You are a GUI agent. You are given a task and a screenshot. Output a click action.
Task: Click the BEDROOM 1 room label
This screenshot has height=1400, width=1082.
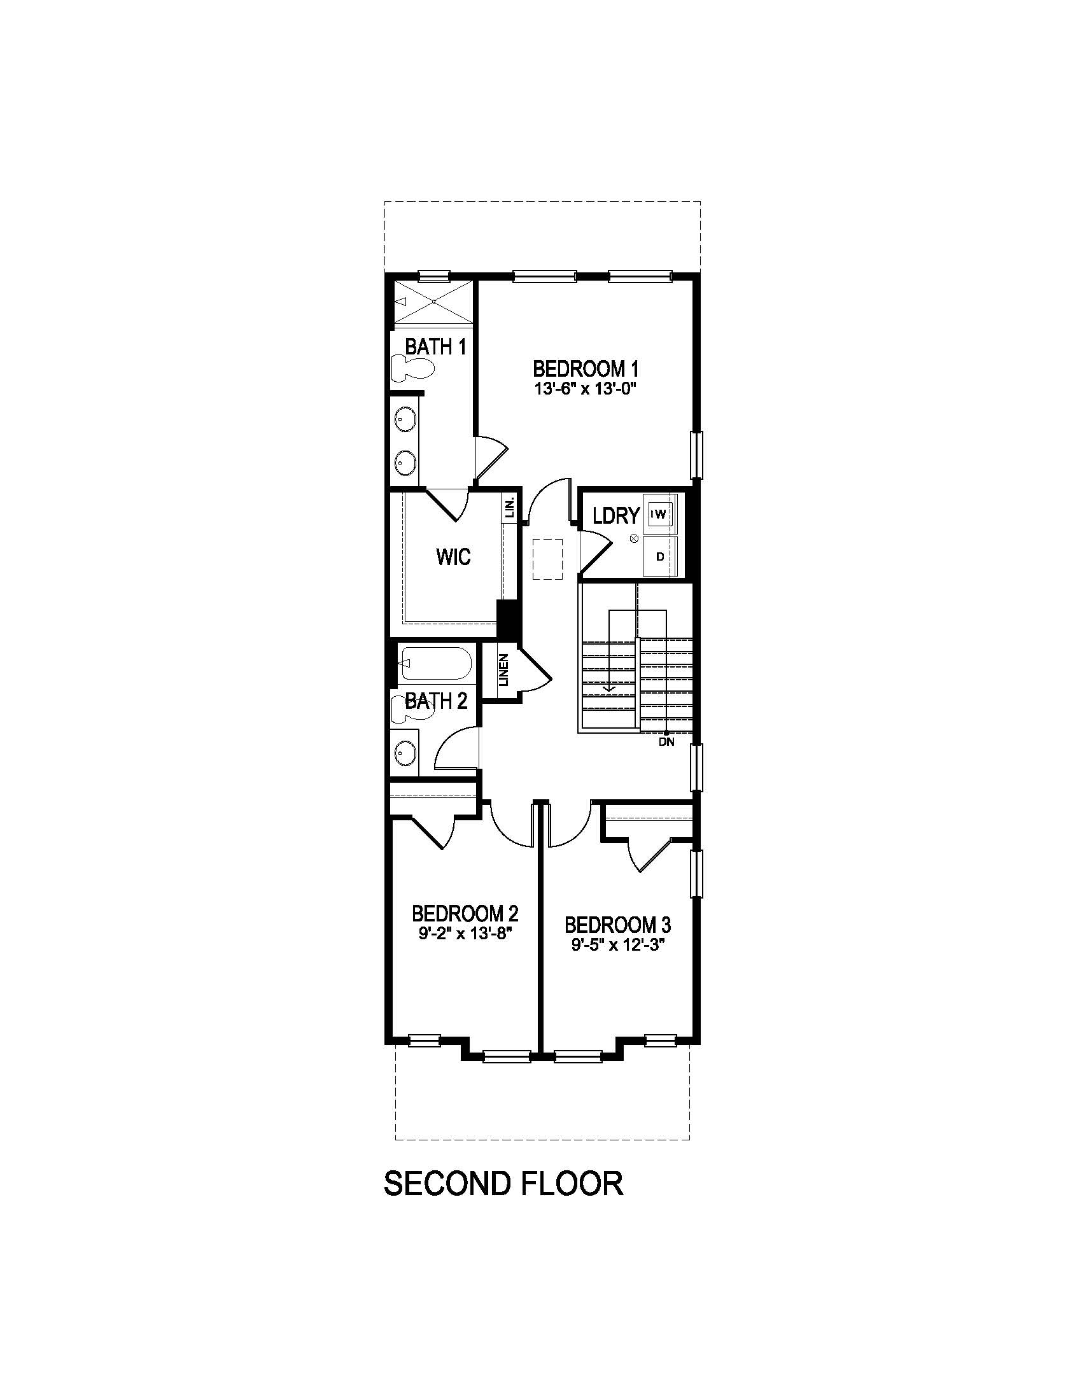(586, 368)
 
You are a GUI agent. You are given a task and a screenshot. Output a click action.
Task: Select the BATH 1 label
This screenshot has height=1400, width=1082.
(435, 347)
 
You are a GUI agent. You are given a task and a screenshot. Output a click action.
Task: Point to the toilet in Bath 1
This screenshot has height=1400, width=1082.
(412, 369)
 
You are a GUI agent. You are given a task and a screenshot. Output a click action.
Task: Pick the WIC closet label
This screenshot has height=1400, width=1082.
(453, 556)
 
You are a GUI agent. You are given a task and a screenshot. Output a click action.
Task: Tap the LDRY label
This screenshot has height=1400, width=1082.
(616, 515)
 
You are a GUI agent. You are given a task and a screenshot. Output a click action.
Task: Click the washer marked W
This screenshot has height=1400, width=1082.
(661, 514)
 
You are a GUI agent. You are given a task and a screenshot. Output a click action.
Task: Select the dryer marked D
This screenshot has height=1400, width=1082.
(660, 556)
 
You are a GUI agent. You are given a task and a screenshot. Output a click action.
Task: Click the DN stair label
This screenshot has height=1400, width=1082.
(666, 742)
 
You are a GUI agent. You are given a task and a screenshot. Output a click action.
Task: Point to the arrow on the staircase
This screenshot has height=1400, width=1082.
(608, 687)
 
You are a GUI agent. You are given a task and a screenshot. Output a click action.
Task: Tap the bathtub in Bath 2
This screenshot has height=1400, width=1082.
(435, 664)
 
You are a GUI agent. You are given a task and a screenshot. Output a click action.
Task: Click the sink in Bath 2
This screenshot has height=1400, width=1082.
(404, 752)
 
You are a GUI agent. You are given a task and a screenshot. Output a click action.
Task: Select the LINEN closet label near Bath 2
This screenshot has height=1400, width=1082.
(504, 669)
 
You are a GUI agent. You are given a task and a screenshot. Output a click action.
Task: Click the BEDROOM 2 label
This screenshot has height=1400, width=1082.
(465, 913)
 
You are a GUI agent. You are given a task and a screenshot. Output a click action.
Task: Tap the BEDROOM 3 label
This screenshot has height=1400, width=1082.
(617, 925)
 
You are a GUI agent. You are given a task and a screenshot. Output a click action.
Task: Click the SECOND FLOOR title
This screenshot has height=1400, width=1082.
(503, 1183)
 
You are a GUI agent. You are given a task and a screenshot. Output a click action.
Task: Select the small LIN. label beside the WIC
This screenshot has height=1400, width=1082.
(510, 508)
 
